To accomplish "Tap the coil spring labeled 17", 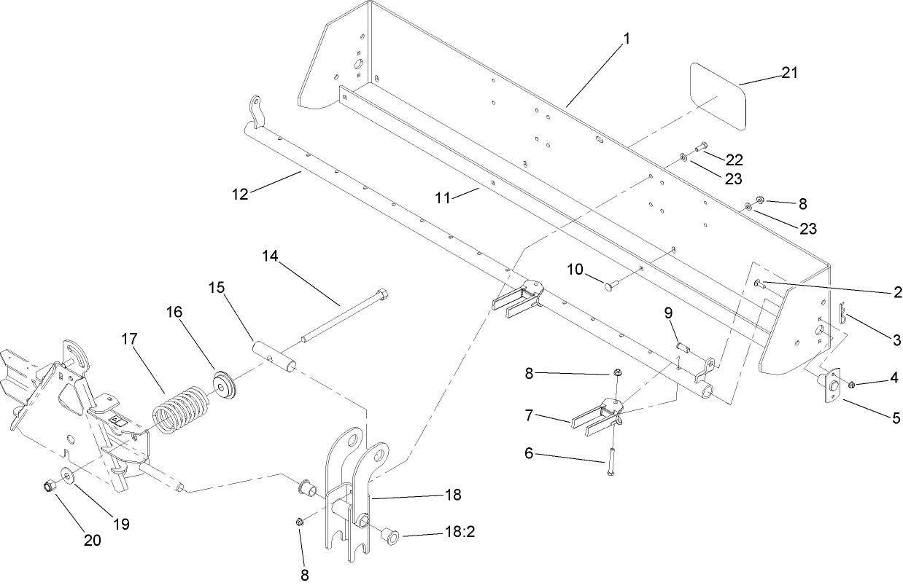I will [x=178, y=411].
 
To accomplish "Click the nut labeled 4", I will [x=852, y=383].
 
